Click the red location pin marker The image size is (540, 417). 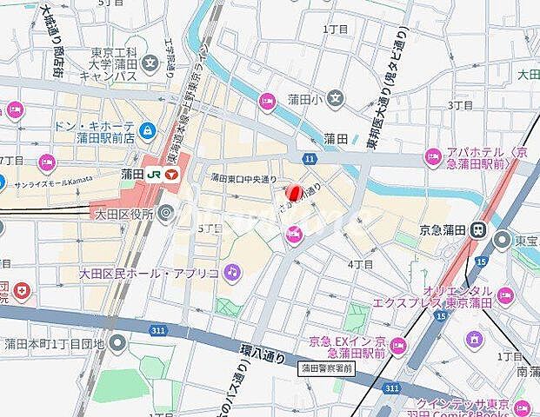[294, 191]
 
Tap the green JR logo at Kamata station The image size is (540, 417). [154, 175]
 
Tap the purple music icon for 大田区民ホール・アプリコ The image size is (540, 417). [231, 273]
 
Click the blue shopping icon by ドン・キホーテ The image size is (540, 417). [149, 131]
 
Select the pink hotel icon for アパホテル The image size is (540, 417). [432, 157]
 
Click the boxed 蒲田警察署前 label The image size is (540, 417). [327, 368]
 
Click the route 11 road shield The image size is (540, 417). [309, 158]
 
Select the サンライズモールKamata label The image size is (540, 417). [54, 181]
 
